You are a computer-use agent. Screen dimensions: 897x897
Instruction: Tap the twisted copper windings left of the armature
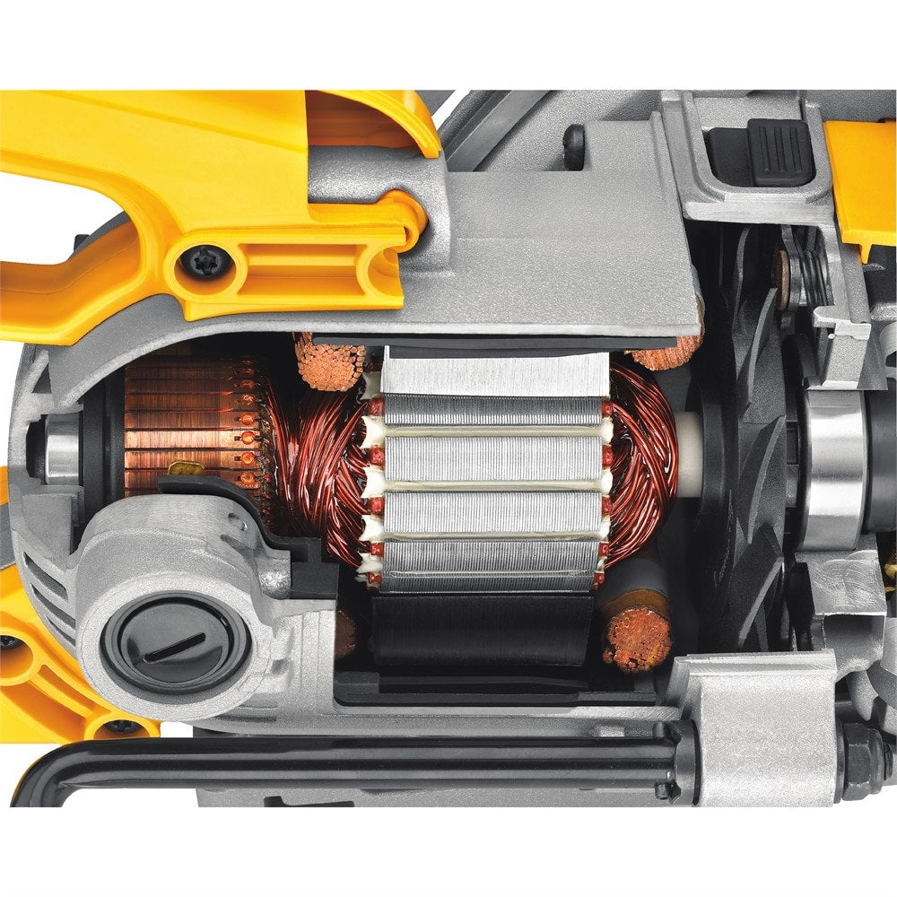(323, 466)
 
